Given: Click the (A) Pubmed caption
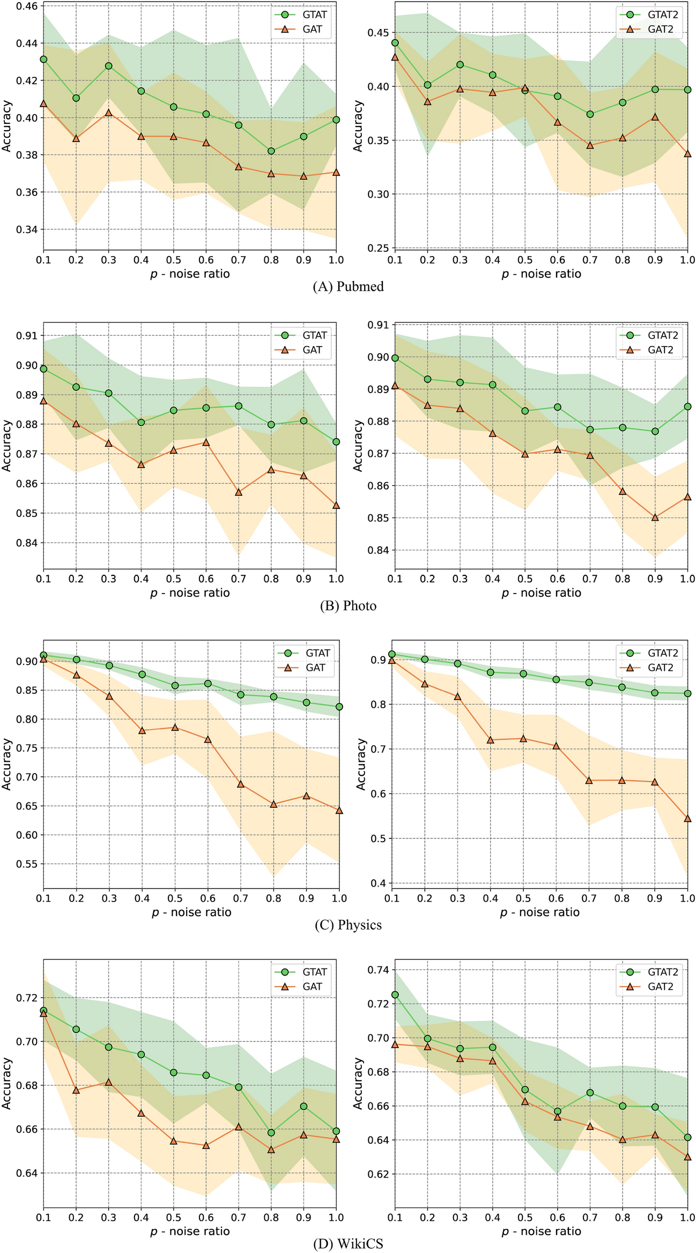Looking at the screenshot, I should pos(348,287).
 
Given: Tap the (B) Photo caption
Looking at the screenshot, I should pos(348,606).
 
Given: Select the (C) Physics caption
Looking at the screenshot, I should pos(348,925).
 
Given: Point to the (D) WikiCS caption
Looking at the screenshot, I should pos(348,1243).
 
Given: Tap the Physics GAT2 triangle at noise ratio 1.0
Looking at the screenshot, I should pos(687,819).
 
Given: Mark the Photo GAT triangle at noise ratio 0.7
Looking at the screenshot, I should pos(239,492).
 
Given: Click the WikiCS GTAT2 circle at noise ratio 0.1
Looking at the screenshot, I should pos(395,995).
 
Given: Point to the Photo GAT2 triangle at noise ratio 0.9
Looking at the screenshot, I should pos(655,517).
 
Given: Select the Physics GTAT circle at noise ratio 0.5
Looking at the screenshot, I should pos(174,686).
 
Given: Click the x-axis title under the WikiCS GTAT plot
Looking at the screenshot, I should pos(190,1232).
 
